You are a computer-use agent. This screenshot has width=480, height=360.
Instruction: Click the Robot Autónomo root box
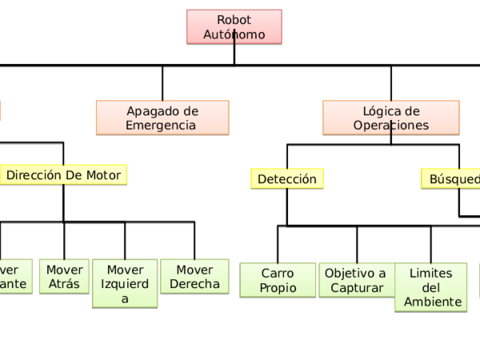(x=234, y=26)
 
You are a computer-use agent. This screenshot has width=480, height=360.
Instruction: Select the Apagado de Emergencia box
(x=162, y=118)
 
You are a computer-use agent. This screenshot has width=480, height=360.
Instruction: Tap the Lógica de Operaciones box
(x=390, y=118)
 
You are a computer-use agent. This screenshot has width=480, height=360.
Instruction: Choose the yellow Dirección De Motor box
(x=63, y=175)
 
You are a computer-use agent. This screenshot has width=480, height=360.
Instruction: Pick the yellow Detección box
(x=287, y=179)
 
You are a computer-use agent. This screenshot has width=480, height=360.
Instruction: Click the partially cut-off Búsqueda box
(x=452, y=179)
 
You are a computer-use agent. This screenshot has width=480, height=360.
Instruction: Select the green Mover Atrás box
(x=64, y=277)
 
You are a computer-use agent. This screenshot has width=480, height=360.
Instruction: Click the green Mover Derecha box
(x=194, y=277)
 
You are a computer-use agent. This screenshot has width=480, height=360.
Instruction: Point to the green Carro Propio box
(x=278, y=281)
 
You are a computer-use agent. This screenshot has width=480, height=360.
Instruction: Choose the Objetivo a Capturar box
(x=357, y=281)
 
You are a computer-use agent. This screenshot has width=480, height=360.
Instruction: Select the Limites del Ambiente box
(x=430, y=287)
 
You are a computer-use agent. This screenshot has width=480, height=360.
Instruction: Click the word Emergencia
(x=161, y=126)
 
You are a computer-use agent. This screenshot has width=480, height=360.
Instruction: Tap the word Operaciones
(x=390, y=126)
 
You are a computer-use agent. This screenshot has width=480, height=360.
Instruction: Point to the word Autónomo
(x=234, y=34)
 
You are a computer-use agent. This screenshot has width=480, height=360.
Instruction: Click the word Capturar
(x=357, y=288)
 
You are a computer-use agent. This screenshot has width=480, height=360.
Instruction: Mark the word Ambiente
(x=432, y=302)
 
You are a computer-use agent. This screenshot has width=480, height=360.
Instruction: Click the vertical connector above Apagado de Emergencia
(x=162, y=82)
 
